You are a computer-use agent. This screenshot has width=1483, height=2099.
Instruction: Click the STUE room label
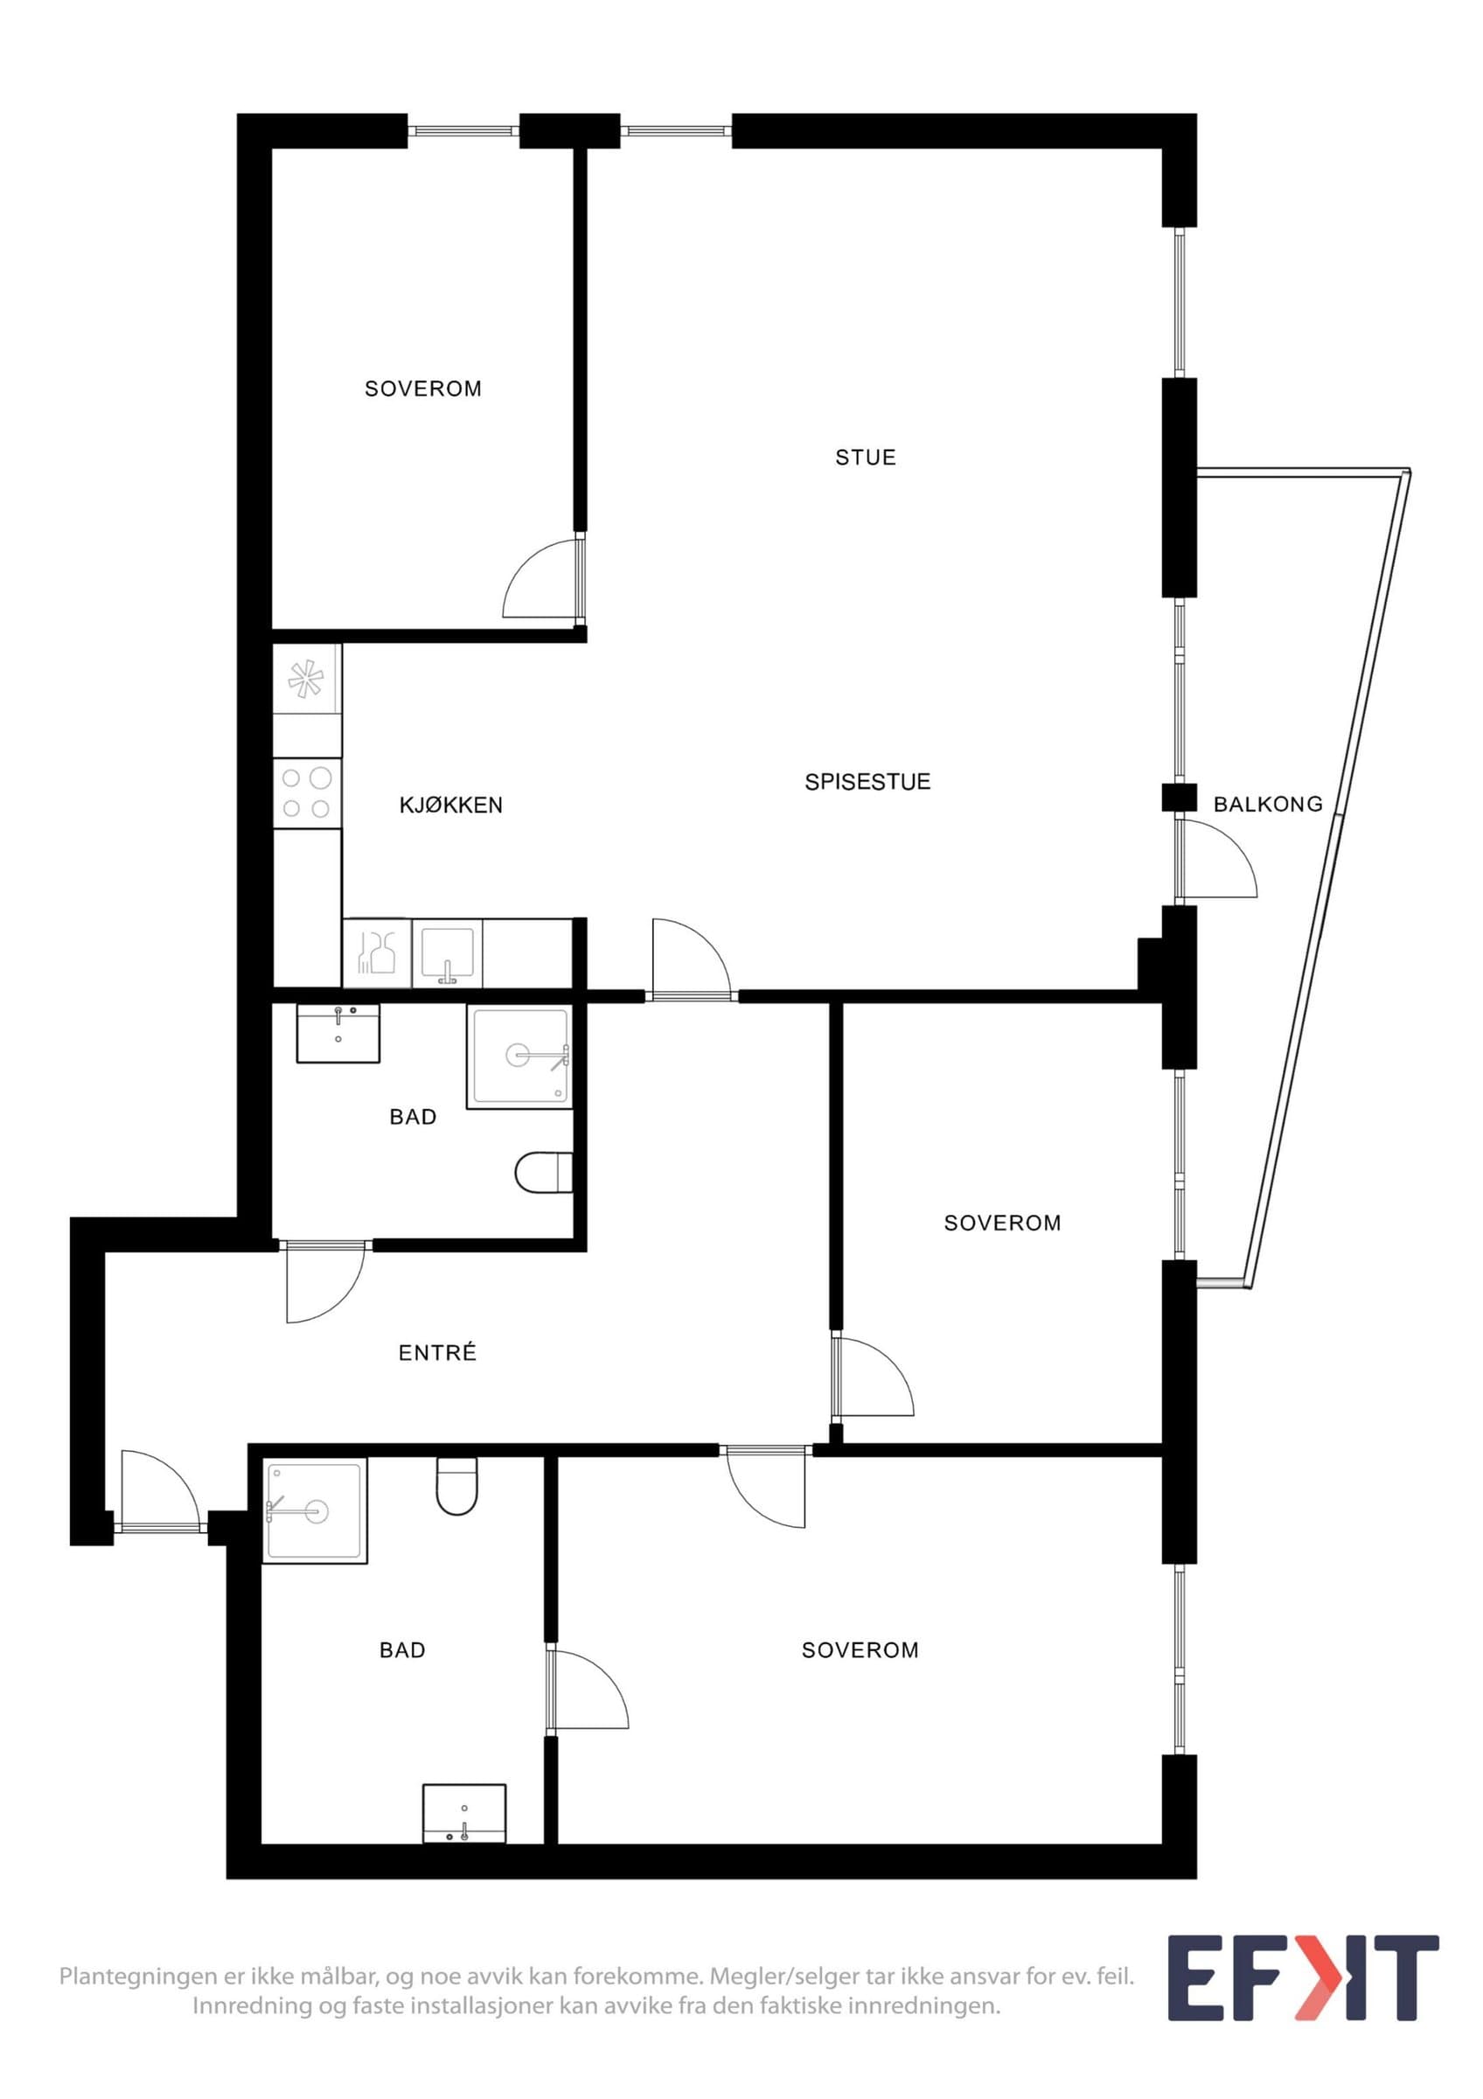(865, 457)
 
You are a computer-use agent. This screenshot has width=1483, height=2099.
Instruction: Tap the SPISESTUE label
(867, 782)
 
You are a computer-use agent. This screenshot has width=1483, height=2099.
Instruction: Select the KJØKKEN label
(450, 805)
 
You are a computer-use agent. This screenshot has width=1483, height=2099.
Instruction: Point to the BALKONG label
(1267, 804)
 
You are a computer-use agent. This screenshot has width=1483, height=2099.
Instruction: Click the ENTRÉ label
(438, 1352)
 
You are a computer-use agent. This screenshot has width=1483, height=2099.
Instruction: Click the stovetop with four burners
(308, 792)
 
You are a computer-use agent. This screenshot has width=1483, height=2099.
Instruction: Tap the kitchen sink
(447, 954)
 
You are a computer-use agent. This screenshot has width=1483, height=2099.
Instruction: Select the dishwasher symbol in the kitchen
(378, 953)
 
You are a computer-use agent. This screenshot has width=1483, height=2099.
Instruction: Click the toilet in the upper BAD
(544, 1173)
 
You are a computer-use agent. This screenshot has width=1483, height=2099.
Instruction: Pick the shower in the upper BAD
(520, 1056)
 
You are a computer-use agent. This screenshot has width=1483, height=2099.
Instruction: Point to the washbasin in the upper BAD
(338, 1033)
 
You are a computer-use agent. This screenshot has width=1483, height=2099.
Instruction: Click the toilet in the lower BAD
(456, 1486)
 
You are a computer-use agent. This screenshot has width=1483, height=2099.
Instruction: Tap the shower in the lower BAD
(316, 1510)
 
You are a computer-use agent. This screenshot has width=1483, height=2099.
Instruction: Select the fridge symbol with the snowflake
(308, 680)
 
